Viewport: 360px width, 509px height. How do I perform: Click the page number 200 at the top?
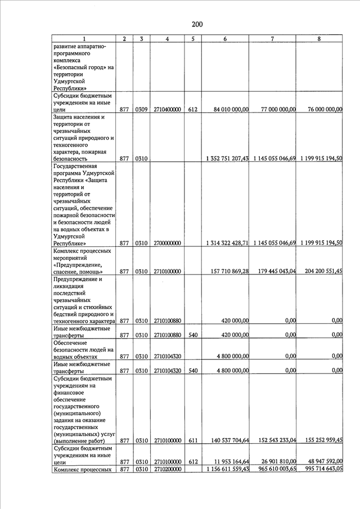(196, 24)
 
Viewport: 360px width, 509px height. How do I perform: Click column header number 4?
(168, 39)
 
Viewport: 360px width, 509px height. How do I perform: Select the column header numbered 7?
(272, 39)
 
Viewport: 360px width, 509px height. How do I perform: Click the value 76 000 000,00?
(322, 110)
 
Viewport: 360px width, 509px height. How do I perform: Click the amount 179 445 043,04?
(275, 272)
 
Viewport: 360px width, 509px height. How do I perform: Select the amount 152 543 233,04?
(275, 440)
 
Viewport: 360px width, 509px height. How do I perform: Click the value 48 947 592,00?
(322, 462)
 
